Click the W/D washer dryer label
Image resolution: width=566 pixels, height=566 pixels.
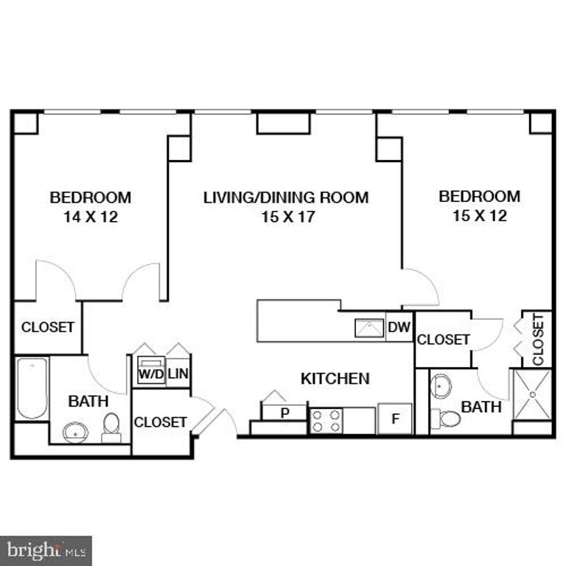[x=150, y=373]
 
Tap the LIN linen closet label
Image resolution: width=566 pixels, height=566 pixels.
[x=178, y=373]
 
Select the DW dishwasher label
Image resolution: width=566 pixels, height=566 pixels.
[x=399, y=327]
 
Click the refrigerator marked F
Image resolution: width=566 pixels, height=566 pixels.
[x=395, y=419]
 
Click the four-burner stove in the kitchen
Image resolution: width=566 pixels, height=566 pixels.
[x=326, y=421]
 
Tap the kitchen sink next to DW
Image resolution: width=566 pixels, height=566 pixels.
[x=369, y=327]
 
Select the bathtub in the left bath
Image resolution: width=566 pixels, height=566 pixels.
[x=32, y=388]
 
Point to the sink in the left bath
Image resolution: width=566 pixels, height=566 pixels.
[x=75, y=431]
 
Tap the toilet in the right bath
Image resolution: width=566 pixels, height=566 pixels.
[x=445, y=419]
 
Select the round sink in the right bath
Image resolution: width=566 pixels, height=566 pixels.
[x=442, y=385]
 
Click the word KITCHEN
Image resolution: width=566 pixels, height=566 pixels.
[x=335, y=379]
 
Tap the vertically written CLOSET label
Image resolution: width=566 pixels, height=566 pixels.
[x=538, y=340]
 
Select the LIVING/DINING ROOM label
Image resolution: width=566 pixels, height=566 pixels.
[x=286, y=198]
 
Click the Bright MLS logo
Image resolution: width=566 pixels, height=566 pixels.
[x=46, y=550]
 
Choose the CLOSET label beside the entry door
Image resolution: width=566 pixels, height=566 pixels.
[x=160, y=422]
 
